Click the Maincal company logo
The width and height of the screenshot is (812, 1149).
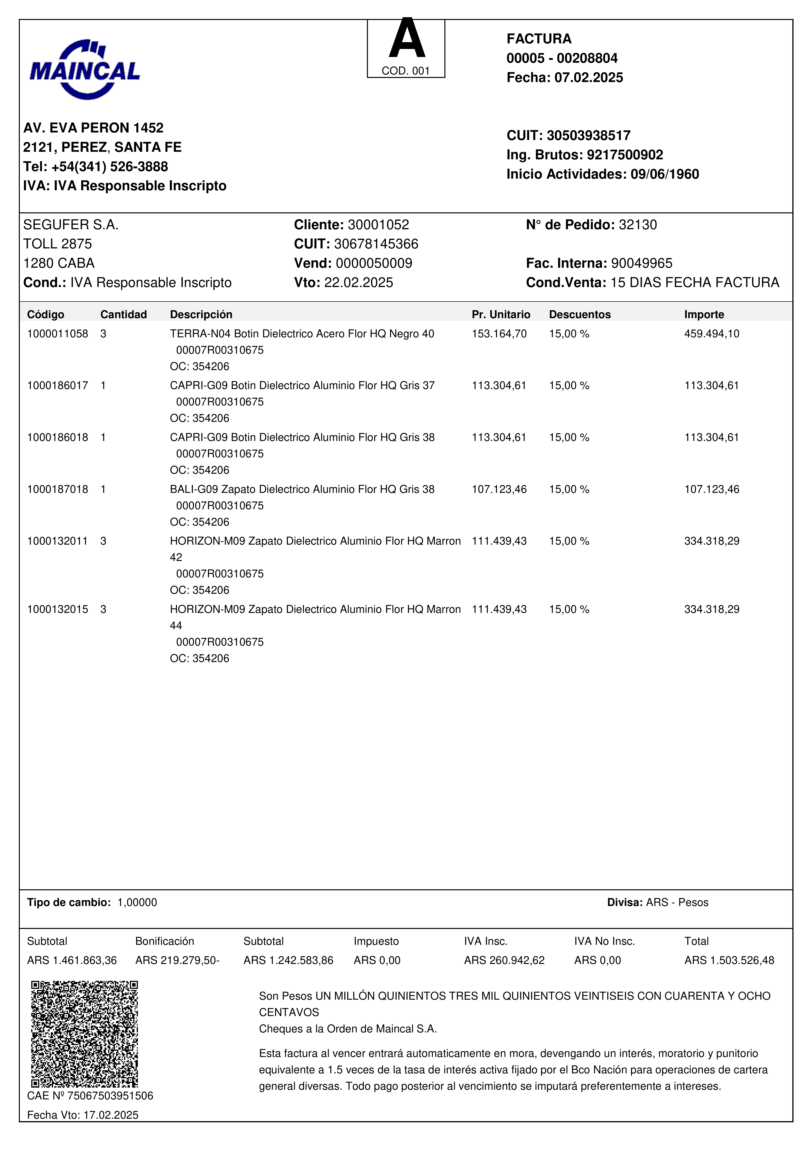pos(84,69)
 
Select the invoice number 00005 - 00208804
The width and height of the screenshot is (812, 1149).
pos(562,58)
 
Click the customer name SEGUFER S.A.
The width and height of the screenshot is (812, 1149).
pos(71,225)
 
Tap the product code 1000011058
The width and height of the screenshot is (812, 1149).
pos(57,334)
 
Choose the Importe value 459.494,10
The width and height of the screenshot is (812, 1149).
pos(711,334)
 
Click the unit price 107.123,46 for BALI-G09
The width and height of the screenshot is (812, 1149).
pos(499,489)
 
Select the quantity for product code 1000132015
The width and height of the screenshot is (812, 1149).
pos(103,609)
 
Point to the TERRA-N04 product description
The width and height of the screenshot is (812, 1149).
pos(302,334)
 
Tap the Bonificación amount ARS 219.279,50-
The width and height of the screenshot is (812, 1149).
pos(177,960)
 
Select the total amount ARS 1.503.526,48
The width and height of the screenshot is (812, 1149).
pos(729,960)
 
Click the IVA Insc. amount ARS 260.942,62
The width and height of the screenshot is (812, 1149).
pos(504,960)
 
